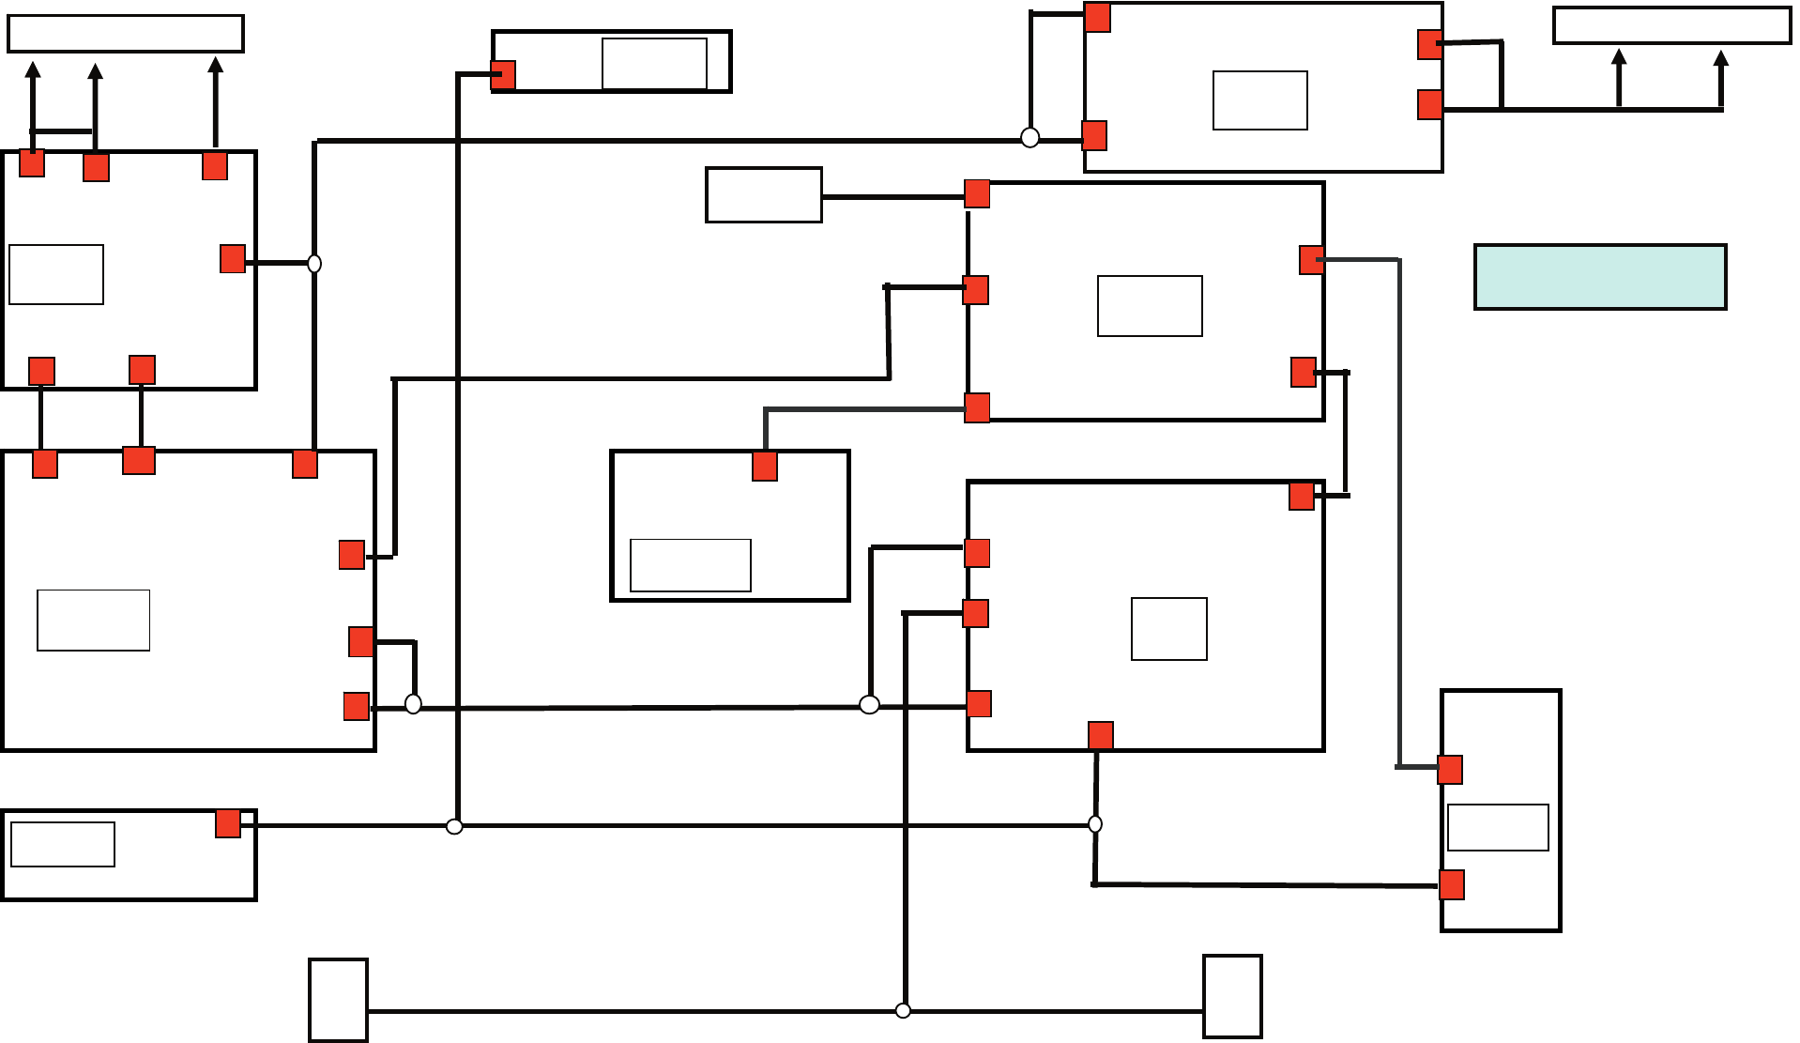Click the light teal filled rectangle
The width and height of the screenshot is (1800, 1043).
1600,277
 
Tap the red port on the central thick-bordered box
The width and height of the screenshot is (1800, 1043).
765,467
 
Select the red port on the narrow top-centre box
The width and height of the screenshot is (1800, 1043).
503,75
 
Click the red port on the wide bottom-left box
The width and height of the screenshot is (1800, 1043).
228,823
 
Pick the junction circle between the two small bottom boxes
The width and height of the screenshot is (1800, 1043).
903,1010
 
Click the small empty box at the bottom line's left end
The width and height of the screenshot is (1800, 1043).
338,1000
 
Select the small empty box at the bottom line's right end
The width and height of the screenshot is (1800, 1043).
1232,997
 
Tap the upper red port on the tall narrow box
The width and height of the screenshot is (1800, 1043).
1450,770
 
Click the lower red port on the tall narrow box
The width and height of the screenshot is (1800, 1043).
1452,884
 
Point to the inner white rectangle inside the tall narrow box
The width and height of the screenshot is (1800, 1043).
1498,827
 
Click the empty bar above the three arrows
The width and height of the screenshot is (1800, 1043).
126,33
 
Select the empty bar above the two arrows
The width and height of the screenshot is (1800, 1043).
1671,25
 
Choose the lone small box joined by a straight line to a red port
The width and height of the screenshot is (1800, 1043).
764,195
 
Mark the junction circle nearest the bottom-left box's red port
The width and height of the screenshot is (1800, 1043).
454,826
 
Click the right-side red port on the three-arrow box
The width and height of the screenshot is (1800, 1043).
233,259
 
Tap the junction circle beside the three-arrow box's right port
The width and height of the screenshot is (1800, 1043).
314,264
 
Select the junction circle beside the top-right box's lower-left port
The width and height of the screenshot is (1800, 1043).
1030,138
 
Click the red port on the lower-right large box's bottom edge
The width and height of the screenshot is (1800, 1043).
1101,735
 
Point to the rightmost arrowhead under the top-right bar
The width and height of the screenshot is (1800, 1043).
1720,59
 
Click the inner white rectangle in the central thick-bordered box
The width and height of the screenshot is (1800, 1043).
691,565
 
